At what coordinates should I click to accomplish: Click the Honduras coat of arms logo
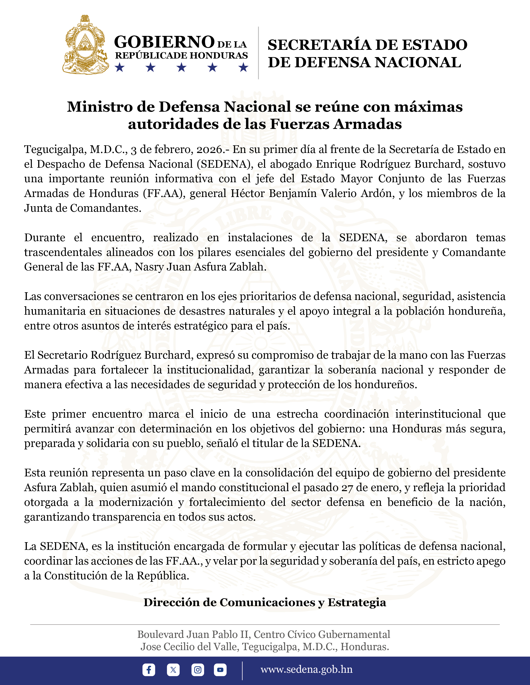point(86,45)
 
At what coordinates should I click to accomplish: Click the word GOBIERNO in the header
point(164,42)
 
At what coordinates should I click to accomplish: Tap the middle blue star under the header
point(181,67)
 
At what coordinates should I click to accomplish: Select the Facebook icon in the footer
point(149,670)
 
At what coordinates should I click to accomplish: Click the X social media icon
point(173,670)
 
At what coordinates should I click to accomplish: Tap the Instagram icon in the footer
point(197,670)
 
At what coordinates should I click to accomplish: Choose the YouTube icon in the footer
point(220,670)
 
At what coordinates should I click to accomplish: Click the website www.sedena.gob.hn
point(306,669)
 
